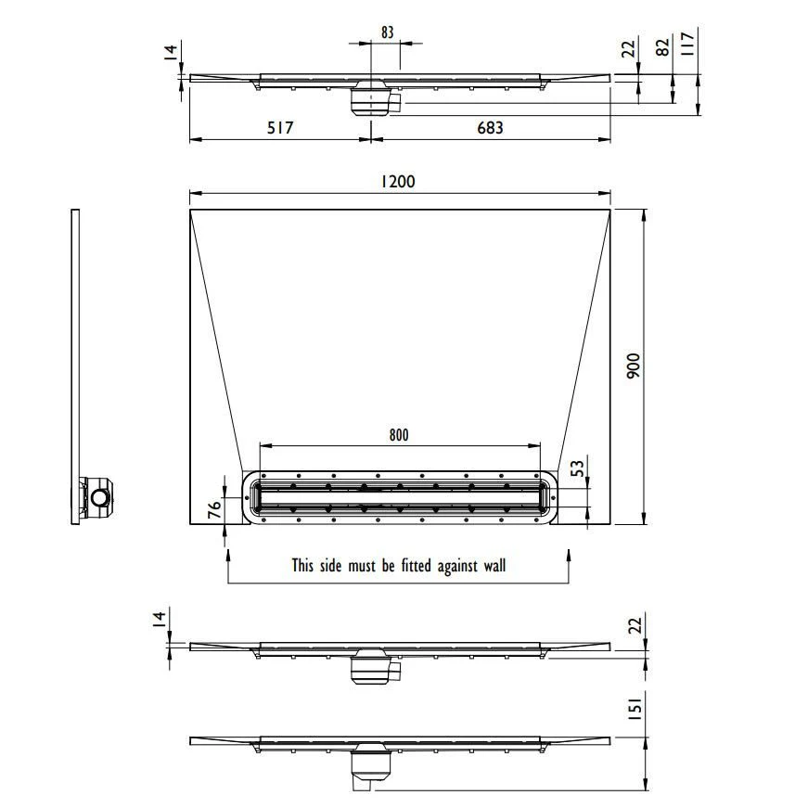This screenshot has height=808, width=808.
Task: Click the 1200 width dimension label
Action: click(x=397, y=182)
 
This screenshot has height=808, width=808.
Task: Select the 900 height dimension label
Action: click(x=634, y=366)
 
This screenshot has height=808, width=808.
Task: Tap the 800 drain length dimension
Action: click(x=399, y=435)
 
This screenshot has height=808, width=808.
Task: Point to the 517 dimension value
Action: click(x=280, y=127)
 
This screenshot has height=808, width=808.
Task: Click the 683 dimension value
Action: click(x=490, y=127)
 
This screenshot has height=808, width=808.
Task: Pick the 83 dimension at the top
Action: click(x=388, y=32)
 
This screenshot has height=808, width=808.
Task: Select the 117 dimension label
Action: click(x=688, y=44)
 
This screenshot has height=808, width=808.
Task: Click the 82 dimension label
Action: click(x=663, y=47)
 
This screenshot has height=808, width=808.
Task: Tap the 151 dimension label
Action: click(x=635, y=709)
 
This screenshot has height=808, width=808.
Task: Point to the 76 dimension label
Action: click(x=214, y=508)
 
